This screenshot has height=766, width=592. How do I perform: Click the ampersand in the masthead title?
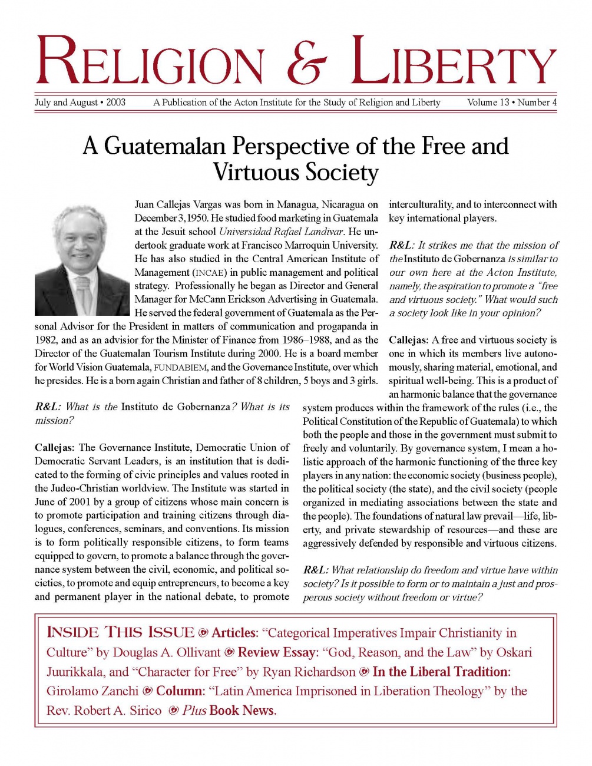pyautogui.click(x=306, y=61)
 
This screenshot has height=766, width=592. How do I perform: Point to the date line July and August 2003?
pyautogui.click(x=80, y=103)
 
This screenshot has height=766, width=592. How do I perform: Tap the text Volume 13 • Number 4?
pyautogui.click(x=511, y=103)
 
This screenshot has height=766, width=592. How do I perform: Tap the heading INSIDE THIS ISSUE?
pyautogui.click(x=120, y=633)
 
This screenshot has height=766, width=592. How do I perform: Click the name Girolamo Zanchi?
pyautogui.click(x=92, y=691)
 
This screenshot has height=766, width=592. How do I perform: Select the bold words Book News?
pyautogui.click(x=242, y=711)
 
